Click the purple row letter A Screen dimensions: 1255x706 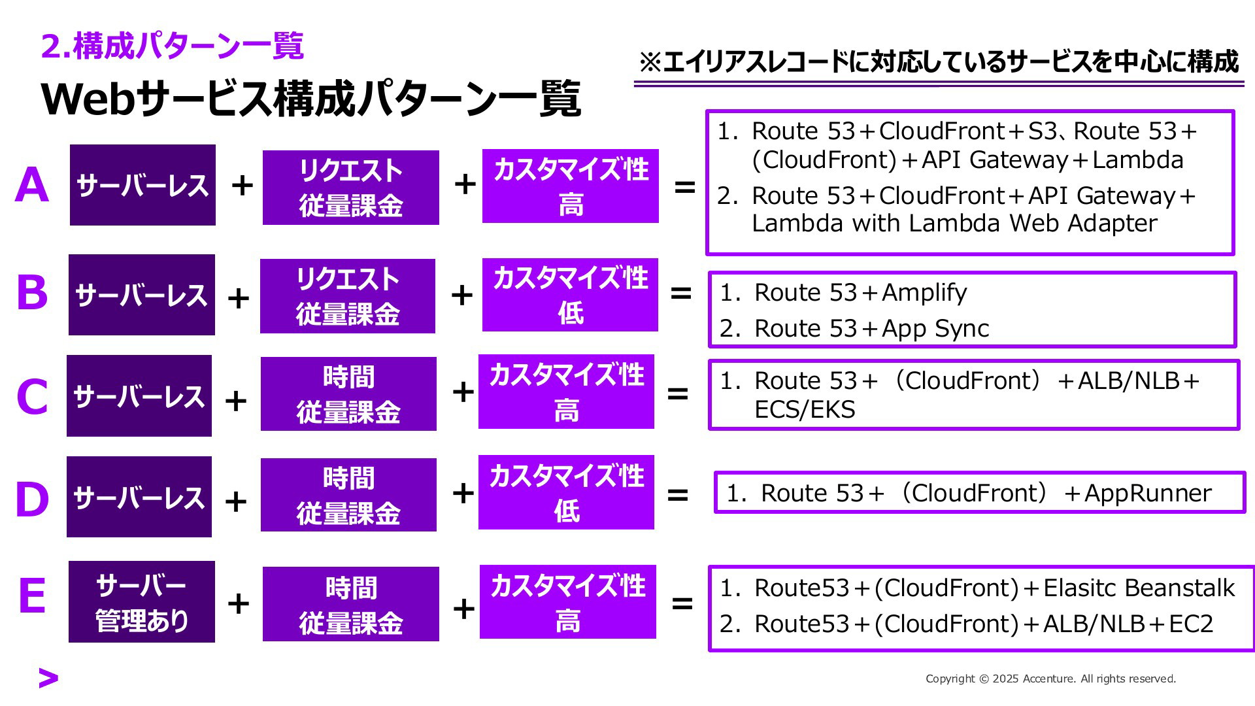tap(32, 185)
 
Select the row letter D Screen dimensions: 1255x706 tap(32, 499)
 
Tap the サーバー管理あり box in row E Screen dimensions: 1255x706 tap(142, 602)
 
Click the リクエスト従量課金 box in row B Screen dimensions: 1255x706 tap(348, 296)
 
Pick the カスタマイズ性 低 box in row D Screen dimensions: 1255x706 tap(566, 492)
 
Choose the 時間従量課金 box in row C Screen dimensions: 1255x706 tap(348, 394)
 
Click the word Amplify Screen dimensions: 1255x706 tap(924, 293)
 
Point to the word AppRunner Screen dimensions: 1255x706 tap(1148, 494)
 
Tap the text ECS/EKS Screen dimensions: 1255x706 tap(805, 410)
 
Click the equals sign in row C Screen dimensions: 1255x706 tap(678, 394)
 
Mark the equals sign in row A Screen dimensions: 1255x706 tap(684, 188)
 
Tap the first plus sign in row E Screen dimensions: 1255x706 tap(239, 603)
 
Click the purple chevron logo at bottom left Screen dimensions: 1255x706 tap(48, 679)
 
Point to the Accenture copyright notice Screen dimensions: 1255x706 tap(1050, 679)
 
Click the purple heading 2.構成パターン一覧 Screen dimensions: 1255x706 tap(173, 46)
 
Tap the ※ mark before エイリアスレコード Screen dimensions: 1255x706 tap(650, 63)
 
